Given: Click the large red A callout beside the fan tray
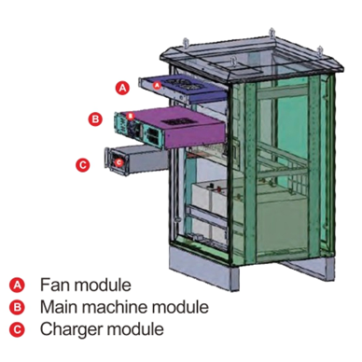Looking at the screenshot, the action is [x=122, y=88].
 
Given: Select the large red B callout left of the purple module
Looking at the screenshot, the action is [x=95, y=119].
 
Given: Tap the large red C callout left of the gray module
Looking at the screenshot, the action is [x=83, y=165].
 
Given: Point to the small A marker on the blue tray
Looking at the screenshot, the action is [x=158, y=84].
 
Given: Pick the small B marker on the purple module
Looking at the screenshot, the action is [x=131, y=116].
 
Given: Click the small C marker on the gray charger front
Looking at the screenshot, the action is [x=118, y=161].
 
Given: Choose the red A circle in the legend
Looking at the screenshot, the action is [x=17, y=285].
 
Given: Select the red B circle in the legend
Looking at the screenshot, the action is [x=17, y=307].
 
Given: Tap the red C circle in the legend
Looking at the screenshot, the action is [x=17, y=329].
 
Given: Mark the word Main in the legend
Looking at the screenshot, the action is [x=59, y=307].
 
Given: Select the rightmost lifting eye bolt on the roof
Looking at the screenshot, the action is [x=320, y=51].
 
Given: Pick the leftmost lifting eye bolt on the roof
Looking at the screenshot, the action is [x=187, y=43].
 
